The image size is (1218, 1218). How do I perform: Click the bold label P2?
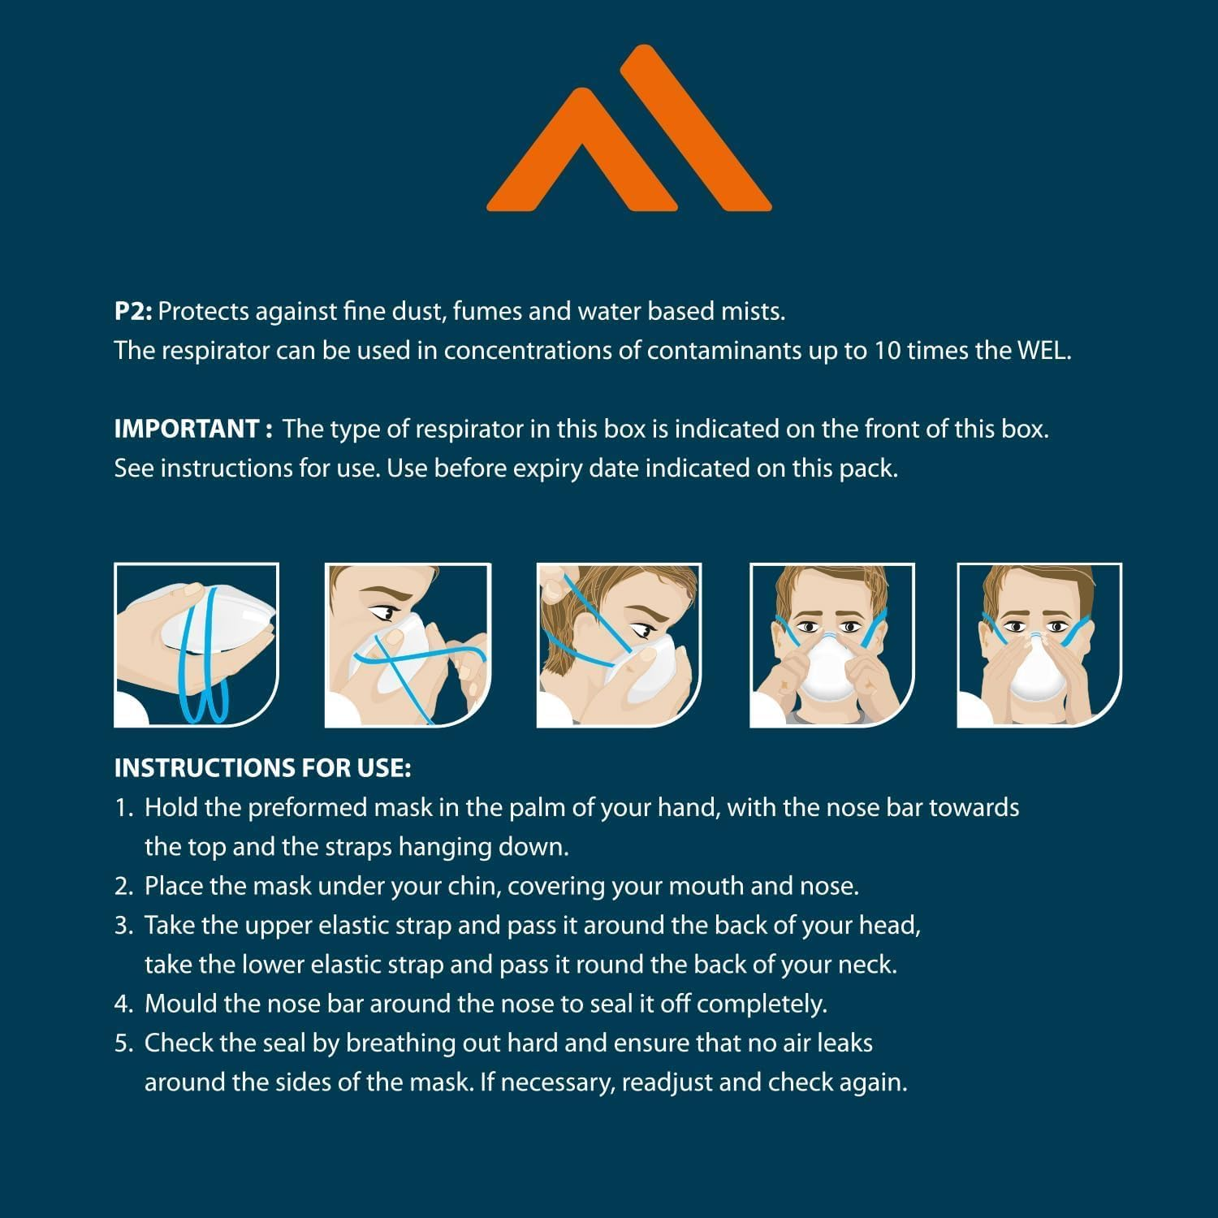pyautogui.click(x=133, y=311)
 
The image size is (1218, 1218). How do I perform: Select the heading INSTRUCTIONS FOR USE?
pyautogui.click(x=262, y=767)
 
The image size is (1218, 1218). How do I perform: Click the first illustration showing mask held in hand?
pyautogui.click(x=197, y=645)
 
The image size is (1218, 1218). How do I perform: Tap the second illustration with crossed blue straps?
pyautogui.click(x=408, y=645)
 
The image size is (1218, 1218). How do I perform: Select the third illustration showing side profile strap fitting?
pyautogui.click(x=620, y=645)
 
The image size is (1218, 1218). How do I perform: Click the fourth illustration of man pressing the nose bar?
pyautogui.click(x=832, y=645)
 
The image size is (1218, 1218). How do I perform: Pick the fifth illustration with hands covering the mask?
pyautogui.click(x=1040, y=645)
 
